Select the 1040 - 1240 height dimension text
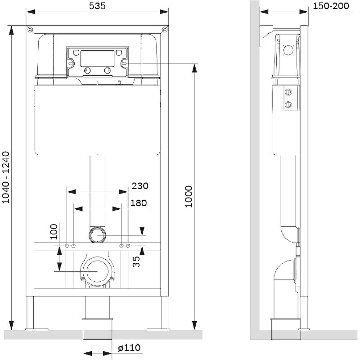click(x=6, y=178)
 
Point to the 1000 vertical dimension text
click(x=189, y=196)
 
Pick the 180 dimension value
click(x=139, y=203)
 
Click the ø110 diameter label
click(x=129, y=348)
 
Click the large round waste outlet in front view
click(x=98, y=271)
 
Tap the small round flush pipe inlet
click(x=98, y=234)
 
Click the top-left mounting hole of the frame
click(x=30, y=30)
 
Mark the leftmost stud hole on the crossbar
click(x=67, y=246)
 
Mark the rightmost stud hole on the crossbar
click(x=129, y=246)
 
